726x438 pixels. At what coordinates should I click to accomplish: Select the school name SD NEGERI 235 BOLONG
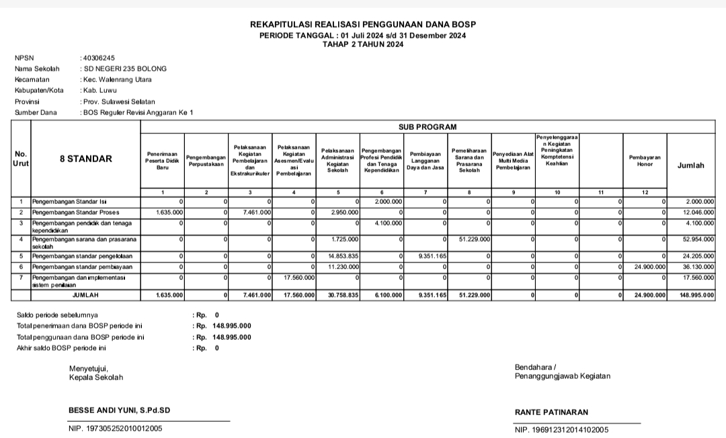tap(124, 69)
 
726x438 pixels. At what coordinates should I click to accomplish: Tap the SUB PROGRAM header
tap(427, 126)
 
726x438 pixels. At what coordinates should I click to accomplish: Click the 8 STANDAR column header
tap(86, 159)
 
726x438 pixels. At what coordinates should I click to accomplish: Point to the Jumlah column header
tap(691, 165)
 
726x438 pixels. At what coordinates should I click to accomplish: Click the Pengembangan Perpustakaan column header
tap(206, 160)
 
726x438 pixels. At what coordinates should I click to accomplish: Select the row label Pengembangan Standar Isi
tap(69, 202)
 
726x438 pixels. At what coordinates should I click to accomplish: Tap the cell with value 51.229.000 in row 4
tap(475, 239)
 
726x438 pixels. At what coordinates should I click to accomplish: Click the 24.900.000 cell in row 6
tap(650, 266)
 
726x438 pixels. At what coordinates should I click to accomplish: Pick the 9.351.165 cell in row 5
tap(430, 256)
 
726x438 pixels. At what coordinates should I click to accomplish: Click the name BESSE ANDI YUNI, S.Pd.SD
tap(119, 410)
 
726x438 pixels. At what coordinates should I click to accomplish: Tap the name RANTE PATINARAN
tap(551, 412)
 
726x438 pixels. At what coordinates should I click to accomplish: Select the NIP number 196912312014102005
tap(570, 429)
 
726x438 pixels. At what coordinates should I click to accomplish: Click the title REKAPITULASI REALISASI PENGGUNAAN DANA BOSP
tap(363, 24)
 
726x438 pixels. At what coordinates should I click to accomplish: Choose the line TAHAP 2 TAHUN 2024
tap(363, 44)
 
